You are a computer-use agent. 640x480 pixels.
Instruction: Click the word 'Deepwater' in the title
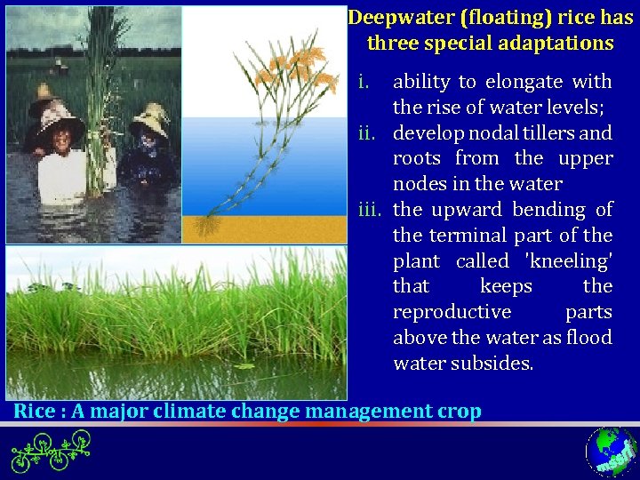tap(391, 18)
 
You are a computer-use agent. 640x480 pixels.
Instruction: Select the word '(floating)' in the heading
tap(481, 18)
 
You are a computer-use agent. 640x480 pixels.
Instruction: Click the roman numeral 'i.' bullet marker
tap(363, 82)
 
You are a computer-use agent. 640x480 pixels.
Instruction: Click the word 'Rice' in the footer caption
tap(34, 411)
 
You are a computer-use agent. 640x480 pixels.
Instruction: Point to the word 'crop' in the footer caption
tap(460, 411)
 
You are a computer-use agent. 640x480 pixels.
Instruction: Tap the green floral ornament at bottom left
tap(52, 452)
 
